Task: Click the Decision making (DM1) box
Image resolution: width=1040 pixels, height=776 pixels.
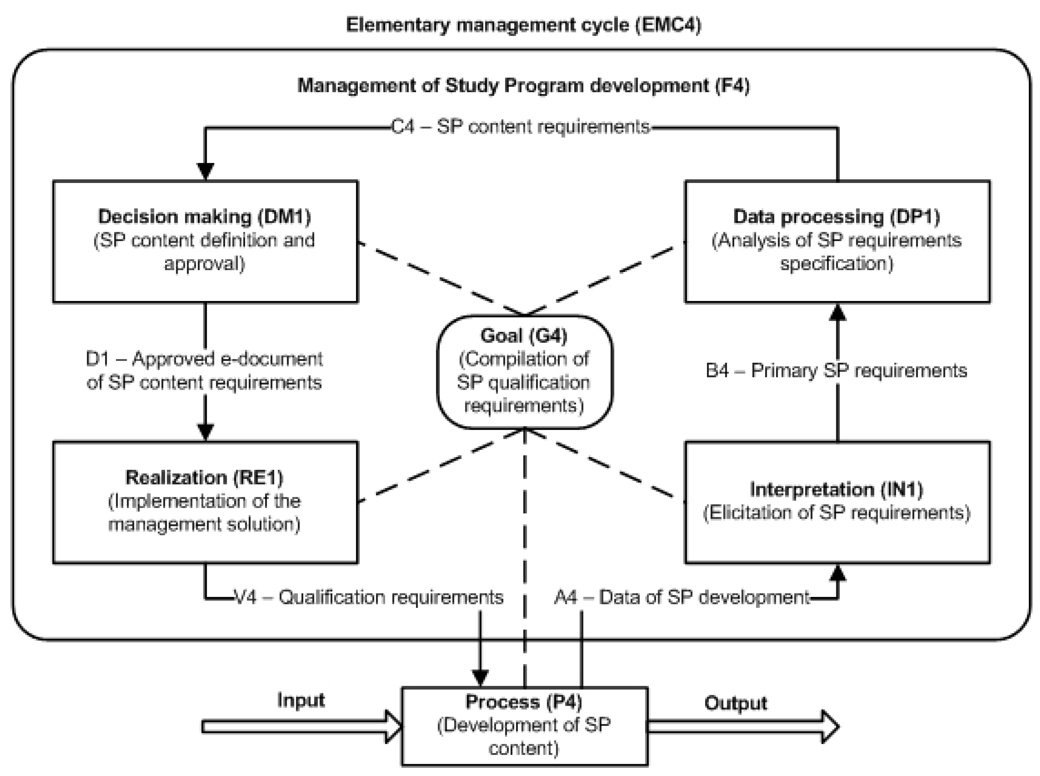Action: (205, 241)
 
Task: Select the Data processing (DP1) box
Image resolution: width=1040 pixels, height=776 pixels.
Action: (837, 241)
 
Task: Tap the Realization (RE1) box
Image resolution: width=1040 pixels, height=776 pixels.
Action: (205, 502)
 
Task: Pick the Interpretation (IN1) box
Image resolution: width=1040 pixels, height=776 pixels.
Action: (837, 502)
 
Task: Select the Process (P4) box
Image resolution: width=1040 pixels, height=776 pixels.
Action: (524, 726)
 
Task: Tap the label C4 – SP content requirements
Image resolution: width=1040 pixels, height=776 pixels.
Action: (520, 127)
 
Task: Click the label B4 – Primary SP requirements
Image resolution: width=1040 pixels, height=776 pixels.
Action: (836, 371)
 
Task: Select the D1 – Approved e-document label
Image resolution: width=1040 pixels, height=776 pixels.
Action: (204, 371)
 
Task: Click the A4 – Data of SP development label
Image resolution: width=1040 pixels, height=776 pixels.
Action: (682, 597)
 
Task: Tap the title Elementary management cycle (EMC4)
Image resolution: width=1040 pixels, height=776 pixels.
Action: (523, 24)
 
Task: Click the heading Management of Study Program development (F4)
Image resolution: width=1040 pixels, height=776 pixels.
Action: (523, 85)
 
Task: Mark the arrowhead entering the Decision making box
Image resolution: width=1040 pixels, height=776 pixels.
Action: (205, 171)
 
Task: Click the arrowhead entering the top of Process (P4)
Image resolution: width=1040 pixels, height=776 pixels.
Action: (479, 678)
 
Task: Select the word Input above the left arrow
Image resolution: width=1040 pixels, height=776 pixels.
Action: (301, 700)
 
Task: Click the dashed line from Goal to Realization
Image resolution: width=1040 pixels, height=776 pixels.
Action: (441, 465)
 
